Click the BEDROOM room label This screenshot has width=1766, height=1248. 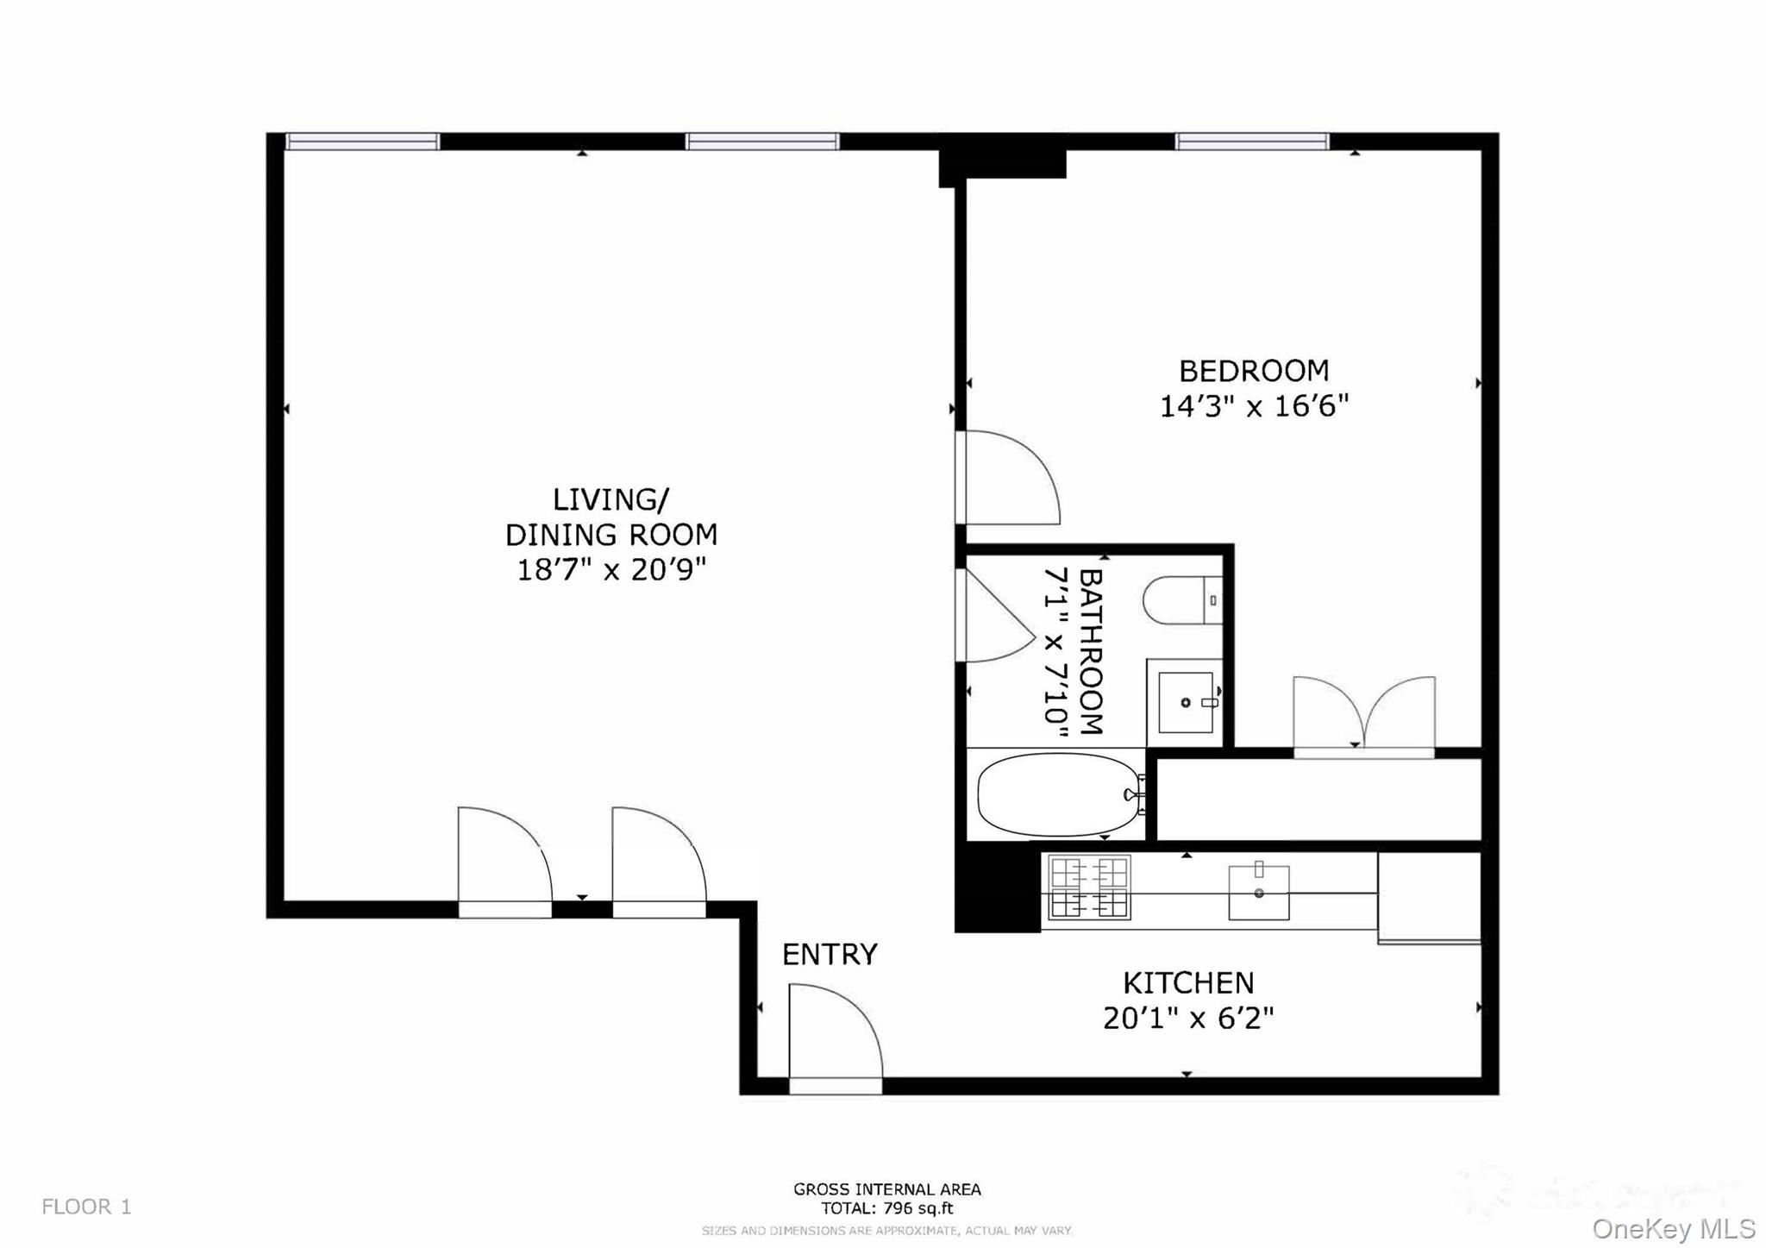tap(1253, 371)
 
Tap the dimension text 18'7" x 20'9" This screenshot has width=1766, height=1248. tap(611, 570)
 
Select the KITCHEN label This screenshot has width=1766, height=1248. tap(1187, 983)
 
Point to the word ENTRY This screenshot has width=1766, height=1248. tap(830, 954)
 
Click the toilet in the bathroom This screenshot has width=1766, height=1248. tap(1181, 600)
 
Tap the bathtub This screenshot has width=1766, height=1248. tap(1059, 794)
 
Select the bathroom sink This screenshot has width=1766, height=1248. tap(1186, 702)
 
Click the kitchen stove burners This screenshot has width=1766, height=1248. tap(1089, 888)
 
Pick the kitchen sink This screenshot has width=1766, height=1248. tap(1258, 893)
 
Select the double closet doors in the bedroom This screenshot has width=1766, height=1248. tap(1363, 716)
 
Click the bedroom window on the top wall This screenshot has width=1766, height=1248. tap(1251, 141)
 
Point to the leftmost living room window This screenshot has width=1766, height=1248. tap(362, 141)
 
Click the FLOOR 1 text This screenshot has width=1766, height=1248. tap(86, 1207)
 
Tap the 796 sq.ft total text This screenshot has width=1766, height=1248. tap(887, 1208)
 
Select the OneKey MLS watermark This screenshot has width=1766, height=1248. tap(1673, 1228)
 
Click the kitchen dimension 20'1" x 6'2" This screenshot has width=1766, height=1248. tap(1187, 1019)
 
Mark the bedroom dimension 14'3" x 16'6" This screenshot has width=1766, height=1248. tap(1253, 405)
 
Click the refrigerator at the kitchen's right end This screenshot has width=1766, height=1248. tap(1429, 897)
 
